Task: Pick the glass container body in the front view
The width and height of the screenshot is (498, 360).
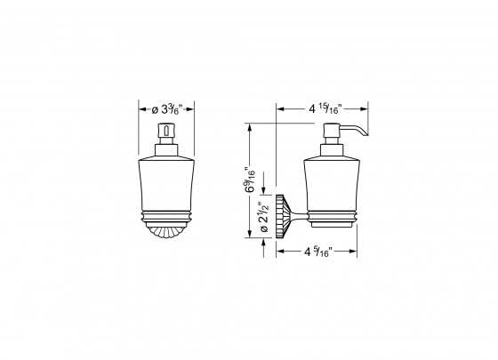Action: [165, 182]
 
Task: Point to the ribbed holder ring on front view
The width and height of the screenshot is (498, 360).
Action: [165, 214]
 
